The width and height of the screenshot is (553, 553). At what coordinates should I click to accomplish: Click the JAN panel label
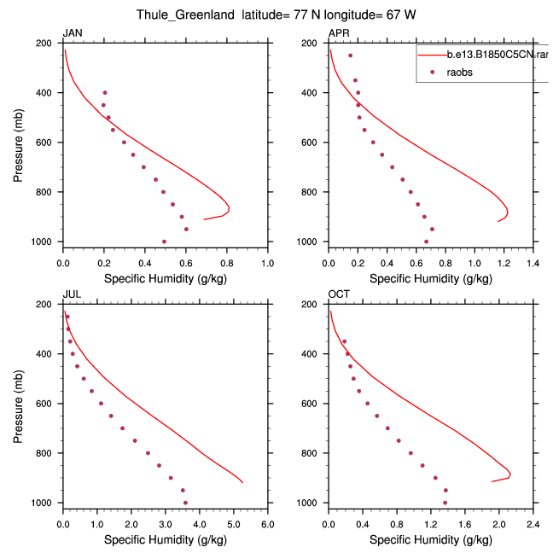coord(72,33)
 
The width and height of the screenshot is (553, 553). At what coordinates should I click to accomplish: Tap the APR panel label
coord(338,33)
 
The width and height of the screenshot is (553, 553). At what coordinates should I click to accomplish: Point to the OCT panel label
coord(339,294)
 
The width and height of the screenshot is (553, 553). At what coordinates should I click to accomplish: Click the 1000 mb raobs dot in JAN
coord(164,242)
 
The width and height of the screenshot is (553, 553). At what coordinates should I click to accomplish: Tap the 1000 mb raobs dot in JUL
coord(185,503)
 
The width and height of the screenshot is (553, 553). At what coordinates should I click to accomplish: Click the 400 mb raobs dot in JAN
coord(105,92)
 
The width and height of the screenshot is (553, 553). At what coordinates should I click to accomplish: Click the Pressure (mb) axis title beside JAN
coord(18,143)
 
